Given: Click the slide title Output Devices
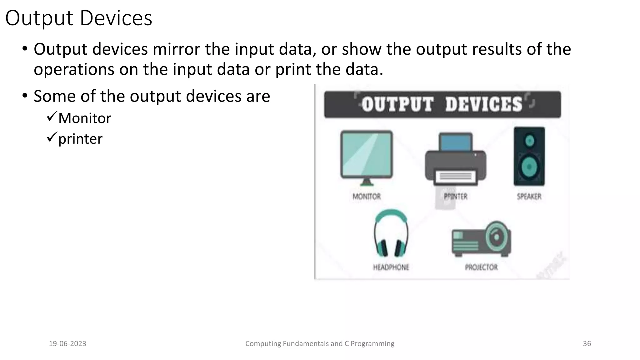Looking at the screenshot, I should pos(79,18).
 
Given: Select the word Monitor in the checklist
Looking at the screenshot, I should pos(85,118).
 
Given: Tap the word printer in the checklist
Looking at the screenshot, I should pos(80,139).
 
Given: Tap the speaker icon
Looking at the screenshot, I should pos(529,156).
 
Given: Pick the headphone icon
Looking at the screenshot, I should pos(391,233).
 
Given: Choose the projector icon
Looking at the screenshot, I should pos(481,239).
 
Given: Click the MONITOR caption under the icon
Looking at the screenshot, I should pos(367,197).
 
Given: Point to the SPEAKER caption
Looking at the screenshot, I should pos(529,197).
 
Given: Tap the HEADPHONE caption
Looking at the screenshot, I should pos(391,267).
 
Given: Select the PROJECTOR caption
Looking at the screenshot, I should pos(481,267).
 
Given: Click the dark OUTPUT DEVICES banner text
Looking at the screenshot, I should pos(442,104).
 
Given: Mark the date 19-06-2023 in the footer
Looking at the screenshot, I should pos(67,344).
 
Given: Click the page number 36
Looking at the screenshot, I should pos(587,344).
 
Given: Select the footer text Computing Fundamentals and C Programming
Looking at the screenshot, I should pos(320,344).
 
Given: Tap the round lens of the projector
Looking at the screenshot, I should pos(496,236).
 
